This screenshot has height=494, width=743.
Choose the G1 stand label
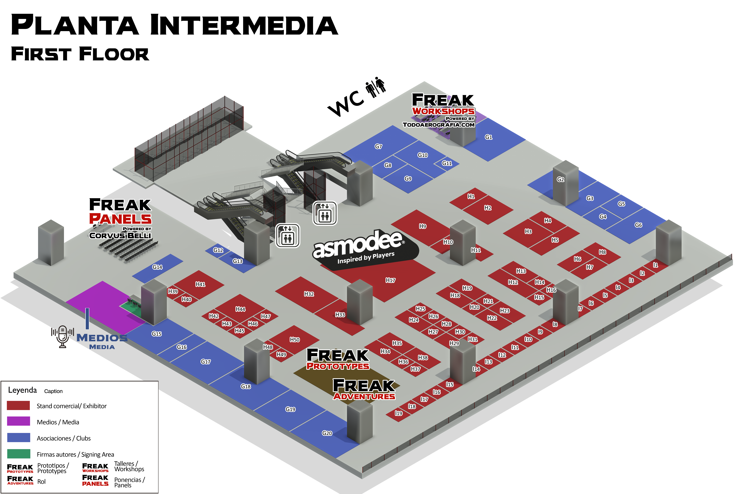tap(488, 137)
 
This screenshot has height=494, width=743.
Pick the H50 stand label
tap(294, 340)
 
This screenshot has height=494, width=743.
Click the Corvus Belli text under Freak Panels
tap(120, 235)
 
